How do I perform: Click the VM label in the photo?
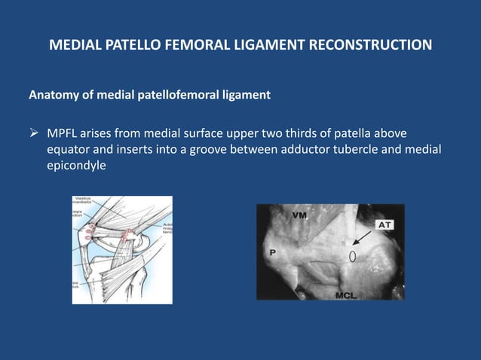(299, 215)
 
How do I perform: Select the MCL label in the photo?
(348, 294)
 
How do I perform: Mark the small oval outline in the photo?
(352, 256)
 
